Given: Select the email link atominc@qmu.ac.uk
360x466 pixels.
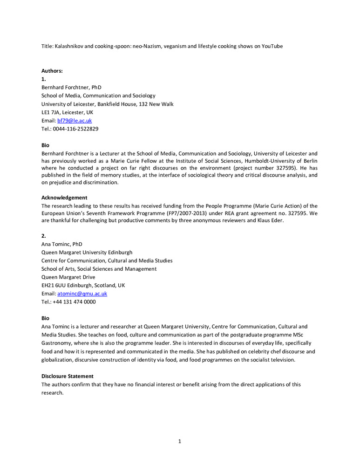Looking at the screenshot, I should tap(82, 294).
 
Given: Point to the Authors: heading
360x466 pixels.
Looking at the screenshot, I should tap(52, 71).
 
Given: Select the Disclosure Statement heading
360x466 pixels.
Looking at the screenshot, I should tap(68, 376).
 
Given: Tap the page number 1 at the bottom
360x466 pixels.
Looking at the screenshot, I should tap(180, 442).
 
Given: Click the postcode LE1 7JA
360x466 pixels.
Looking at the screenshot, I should tap(52, 112).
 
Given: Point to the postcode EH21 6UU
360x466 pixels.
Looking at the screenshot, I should tap(54, 285).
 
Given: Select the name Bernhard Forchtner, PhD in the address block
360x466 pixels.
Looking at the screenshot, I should tap(71, 87).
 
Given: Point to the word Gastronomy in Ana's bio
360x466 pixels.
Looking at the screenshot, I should tap(59, 343).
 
